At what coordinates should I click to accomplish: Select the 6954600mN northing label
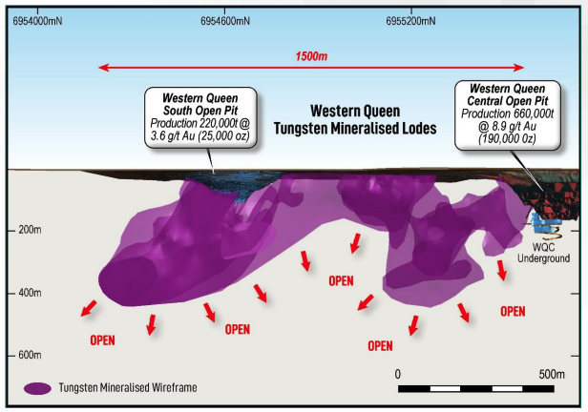tap(226, 20)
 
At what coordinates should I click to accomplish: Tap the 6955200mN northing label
tap(412, 20)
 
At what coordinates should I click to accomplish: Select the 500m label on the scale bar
tap(551, 373)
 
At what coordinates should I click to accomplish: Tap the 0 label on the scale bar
tap(397, 373)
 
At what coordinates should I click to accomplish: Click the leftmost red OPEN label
tap(103, 339)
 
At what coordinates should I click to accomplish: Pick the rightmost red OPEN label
tap(513, 311)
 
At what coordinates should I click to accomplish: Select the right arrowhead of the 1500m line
tap(520, 67)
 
